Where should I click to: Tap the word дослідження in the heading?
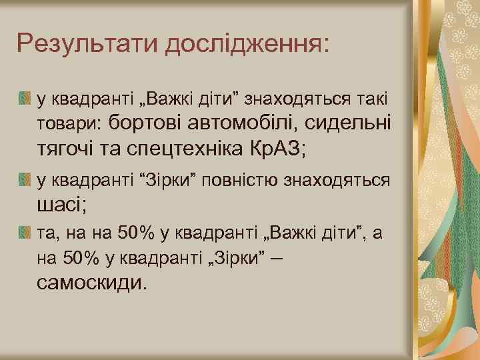246,45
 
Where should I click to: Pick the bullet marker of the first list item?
25,101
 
